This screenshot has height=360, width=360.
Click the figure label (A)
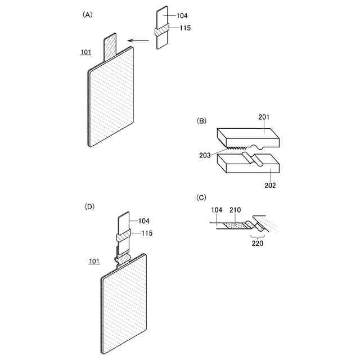point(87,16)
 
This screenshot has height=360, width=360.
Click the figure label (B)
point(201,121)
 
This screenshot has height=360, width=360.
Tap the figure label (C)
point(201,197)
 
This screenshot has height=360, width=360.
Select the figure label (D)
point(89,206)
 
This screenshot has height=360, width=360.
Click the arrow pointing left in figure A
point(138,40)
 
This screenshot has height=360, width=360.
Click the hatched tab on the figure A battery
point(110,46)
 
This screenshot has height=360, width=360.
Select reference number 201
point(264,117)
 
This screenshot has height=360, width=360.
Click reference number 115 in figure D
point(145,233)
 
